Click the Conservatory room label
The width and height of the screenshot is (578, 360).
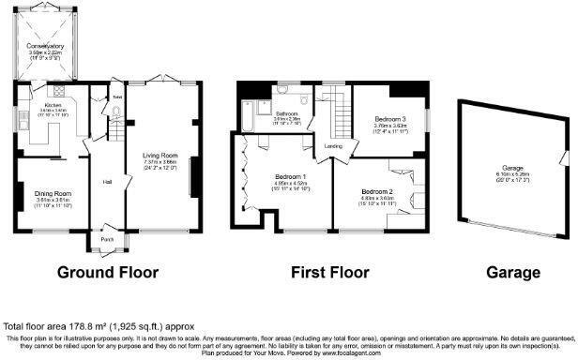pyautogui.click(x=45, y=45)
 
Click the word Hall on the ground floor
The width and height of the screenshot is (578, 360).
pyautogui.click(x=108, y=181)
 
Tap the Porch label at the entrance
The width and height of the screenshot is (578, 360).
pyautogui.click(x=106, y=238)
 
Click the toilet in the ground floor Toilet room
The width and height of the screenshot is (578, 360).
pyautogui.click(x=116, y=112)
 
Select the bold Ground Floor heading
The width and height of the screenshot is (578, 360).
pyautogui.click(x=108, y=273)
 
